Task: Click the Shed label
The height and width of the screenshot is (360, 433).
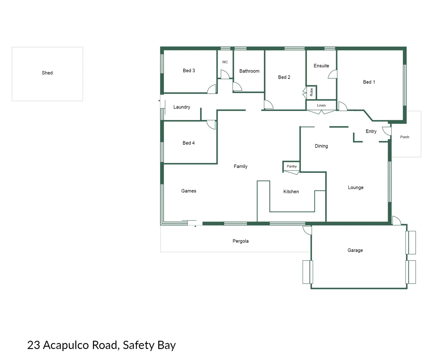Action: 47,73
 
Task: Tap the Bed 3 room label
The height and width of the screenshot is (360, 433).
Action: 189,71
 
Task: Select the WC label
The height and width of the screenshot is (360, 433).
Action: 225,62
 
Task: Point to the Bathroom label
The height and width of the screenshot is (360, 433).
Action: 249,71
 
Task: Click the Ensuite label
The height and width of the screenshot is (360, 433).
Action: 321,66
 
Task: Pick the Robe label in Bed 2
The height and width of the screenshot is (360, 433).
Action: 312,92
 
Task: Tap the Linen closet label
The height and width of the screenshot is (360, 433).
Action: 321,105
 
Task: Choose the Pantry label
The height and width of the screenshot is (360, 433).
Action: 292,166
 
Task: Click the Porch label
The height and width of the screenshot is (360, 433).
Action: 405,137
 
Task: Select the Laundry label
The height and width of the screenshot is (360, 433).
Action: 182,107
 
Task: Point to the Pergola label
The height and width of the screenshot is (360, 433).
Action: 241,241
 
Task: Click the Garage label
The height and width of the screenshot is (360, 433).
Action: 355,250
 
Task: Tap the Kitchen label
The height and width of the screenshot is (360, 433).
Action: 291,192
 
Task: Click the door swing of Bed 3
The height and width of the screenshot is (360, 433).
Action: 212,89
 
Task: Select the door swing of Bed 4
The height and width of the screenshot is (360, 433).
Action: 211,125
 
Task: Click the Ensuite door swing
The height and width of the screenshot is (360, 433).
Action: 333,74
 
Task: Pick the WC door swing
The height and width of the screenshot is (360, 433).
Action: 225,74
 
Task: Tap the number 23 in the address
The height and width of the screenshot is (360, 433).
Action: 33,345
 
